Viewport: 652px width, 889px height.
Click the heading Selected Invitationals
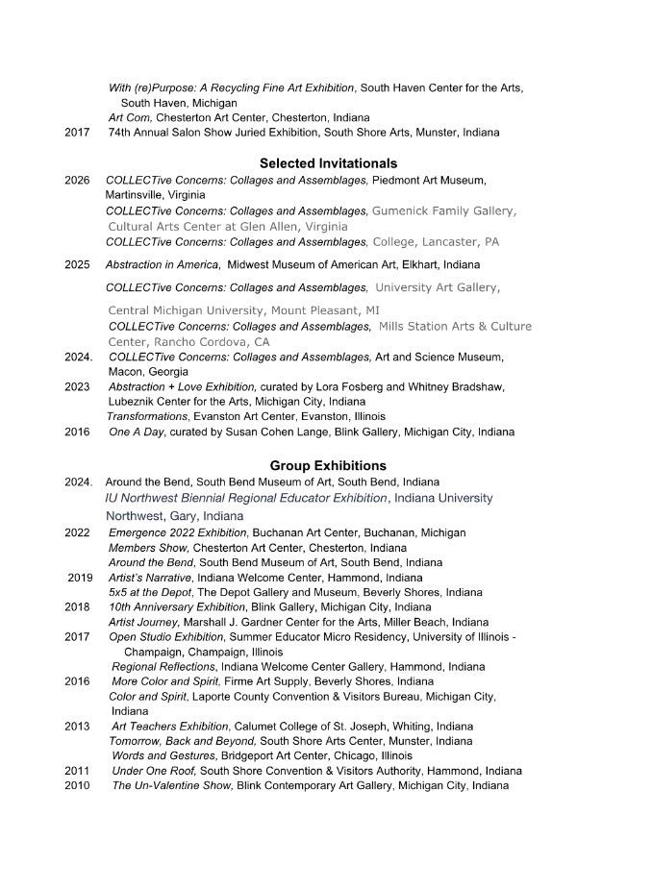[328, 163]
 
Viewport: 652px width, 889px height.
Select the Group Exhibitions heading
[328, 466]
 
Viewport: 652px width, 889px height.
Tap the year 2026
[77, 181]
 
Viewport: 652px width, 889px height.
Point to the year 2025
[77, 265]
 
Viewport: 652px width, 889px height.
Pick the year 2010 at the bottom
[77, 786]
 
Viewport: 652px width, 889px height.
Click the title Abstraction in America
[163, 265]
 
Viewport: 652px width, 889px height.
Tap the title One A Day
[137, 432]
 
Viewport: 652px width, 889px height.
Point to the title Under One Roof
[154, 771]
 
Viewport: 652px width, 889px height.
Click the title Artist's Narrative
[150, 578]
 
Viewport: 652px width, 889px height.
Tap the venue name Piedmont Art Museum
[429, 181]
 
